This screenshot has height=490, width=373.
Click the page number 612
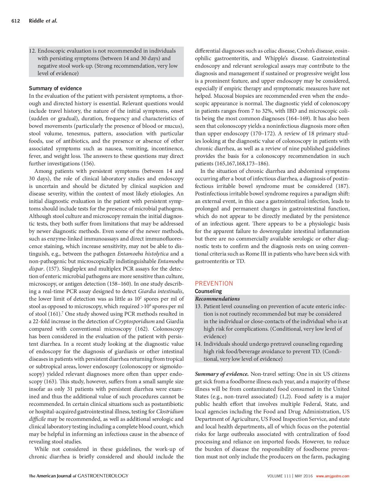click(15, 21)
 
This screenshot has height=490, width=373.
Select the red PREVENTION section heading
click(214, 283)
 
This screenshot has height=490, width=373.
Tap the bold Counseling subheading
click(208, 291)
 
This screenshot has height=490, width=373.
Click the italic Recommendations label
click(217, 299)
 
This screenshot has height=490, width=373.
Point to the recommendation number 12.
click(32, 51)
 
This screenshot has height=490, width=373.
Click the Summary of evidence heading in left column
click(55, 88)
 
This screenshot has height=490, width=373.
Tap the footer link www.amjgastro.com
click(332, 476)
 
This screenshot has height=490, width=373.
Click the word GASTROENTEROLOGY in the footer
click(103, 476)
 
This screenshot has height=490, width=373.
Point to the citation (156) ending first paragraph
click(88, 164)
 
